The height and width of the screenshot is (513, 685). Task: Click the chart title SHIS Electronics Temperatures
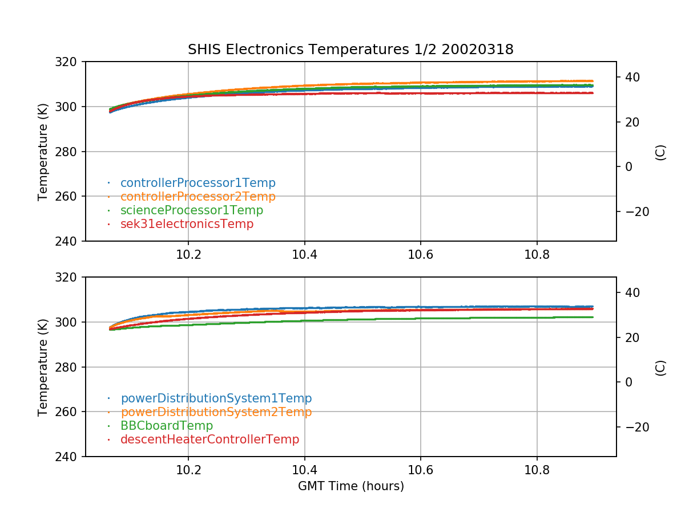pos(350,50)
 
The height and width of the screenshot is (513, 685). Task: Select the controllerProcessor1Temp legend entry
pos(198,183)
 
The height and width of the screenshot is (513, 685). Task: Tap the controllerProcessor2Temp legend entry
pos(198,197)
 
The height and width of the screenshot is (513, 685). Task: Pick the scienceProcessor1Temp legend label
pos(191,210)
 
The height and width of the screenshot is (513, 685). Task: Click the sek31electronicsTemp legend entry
pos(187,224)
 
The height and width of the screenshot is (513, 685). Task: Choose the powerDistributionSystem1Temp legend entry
pos(216,398)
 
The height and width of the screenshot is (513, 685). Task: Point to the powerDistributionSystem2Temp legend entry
pos(216,412)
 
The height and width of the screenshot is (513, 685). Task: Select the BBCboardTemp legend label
pos(166,426)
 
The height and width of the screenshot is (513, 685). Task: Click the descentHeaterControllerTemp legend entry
pos(209,439)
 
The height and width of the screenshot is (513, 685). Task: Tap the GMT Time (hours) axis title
pos(350,486)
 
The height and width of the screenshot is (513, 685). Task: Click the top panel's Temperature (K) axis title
pos(43,151)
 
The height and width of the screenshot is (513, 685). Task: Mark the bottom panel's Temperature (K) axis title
pos(43,367)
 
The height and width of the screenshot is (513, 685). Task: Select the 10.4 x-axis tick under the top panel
pos(304,255)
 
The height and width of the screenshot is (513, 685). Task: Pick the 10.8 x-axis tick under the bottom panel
pos(537,470)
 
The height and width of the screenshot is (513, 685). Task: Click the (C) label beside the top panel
pos(660,152)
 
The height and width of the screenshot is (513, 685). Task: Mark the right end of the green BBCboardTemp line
pos(593,317)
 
